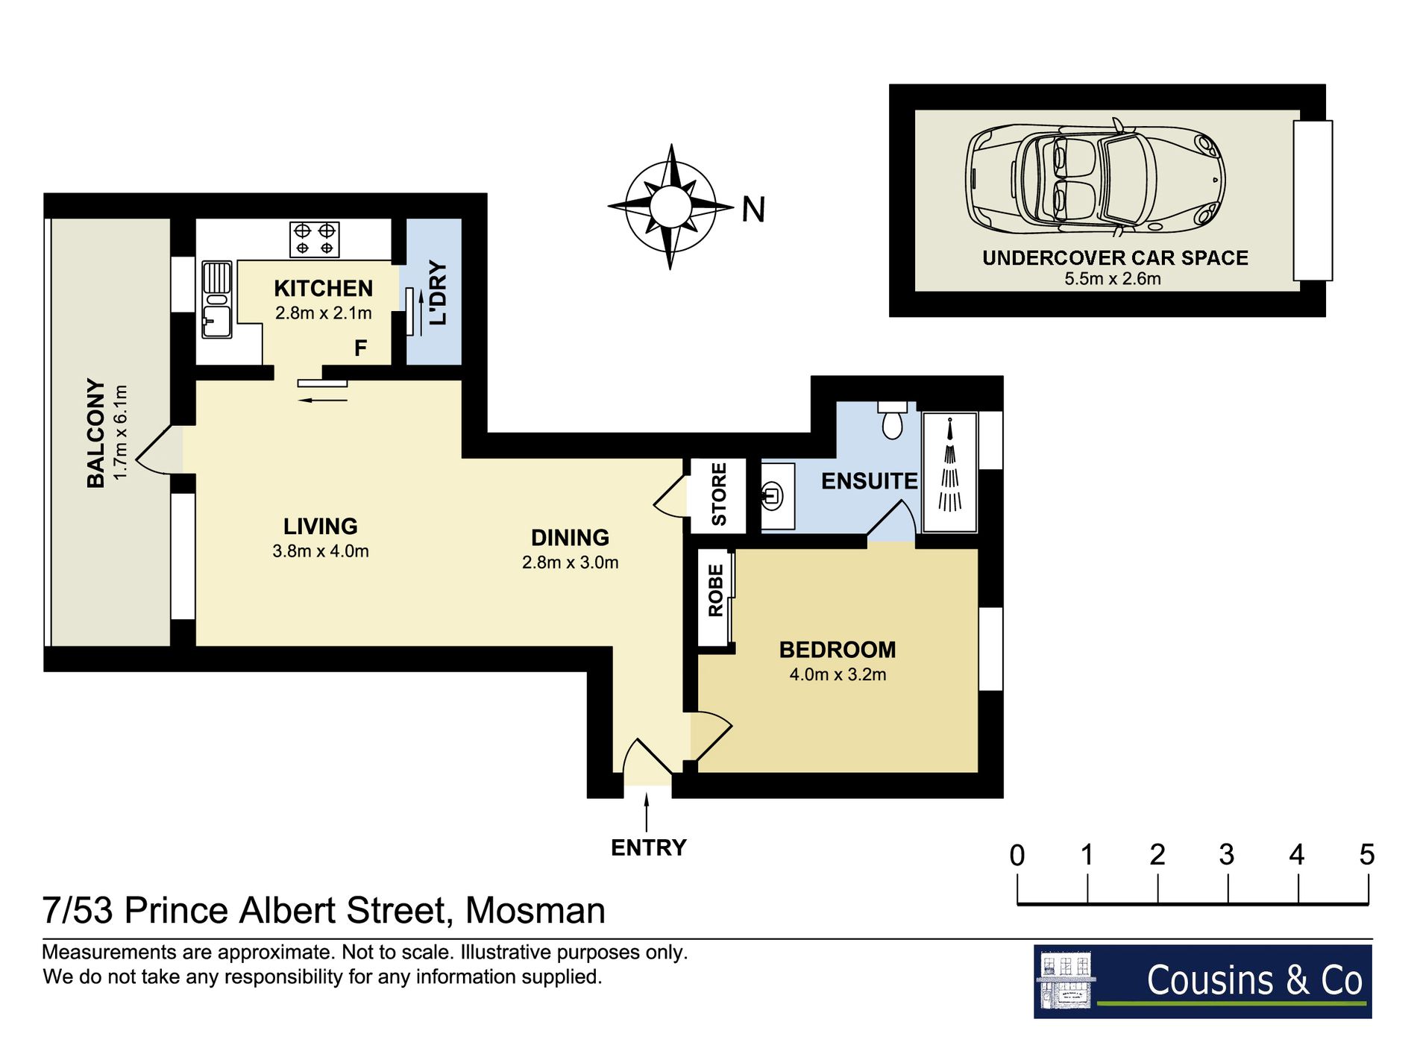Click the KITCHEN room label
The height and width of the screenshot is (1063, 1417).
click(x=323, y=288)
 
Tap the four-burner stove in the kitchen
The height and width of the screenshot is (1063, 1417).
click(x=315, y=239)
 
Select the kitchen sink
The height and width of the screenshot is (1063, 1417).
click(x=217, y=299)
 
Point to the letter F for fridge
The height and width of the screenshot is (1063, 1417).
click(x=361, y=348)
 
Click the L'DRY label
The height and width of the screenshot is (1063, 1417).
click(x=438, y=292)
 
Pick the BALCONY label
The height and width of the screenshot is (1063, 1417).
click(x=95, y=433)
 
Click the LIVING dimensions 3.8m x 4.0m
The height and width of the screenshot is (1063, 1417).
click(x=321, y=551)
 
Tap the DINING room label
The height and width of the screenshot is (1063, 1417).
click(x=570, y=537)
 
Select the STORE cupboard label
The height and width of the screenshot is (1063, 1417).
click(x=719, y=495)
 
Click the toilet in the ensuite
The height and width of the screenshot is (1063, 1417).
click(x=892, y=421)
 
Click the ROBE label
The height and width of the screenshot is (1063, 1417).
click(x=716, y=590)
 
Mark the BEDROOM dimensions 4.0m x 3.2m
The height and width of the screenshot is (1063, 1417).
click(x=838, y=674)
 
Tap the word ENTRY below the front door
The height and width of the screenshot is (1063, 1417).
click(x=648, y=847)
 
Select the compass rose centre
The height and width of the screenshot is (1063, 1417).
click(x=670, y=206)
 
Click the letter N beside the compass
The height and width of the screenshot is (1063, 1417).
click(x=753, y=210)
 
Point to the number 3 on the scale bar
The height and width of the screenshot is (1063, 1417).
click(x=1227, y=855)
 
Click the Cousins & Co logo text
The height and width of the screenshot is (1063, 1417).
click(x=1254, y=979)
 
